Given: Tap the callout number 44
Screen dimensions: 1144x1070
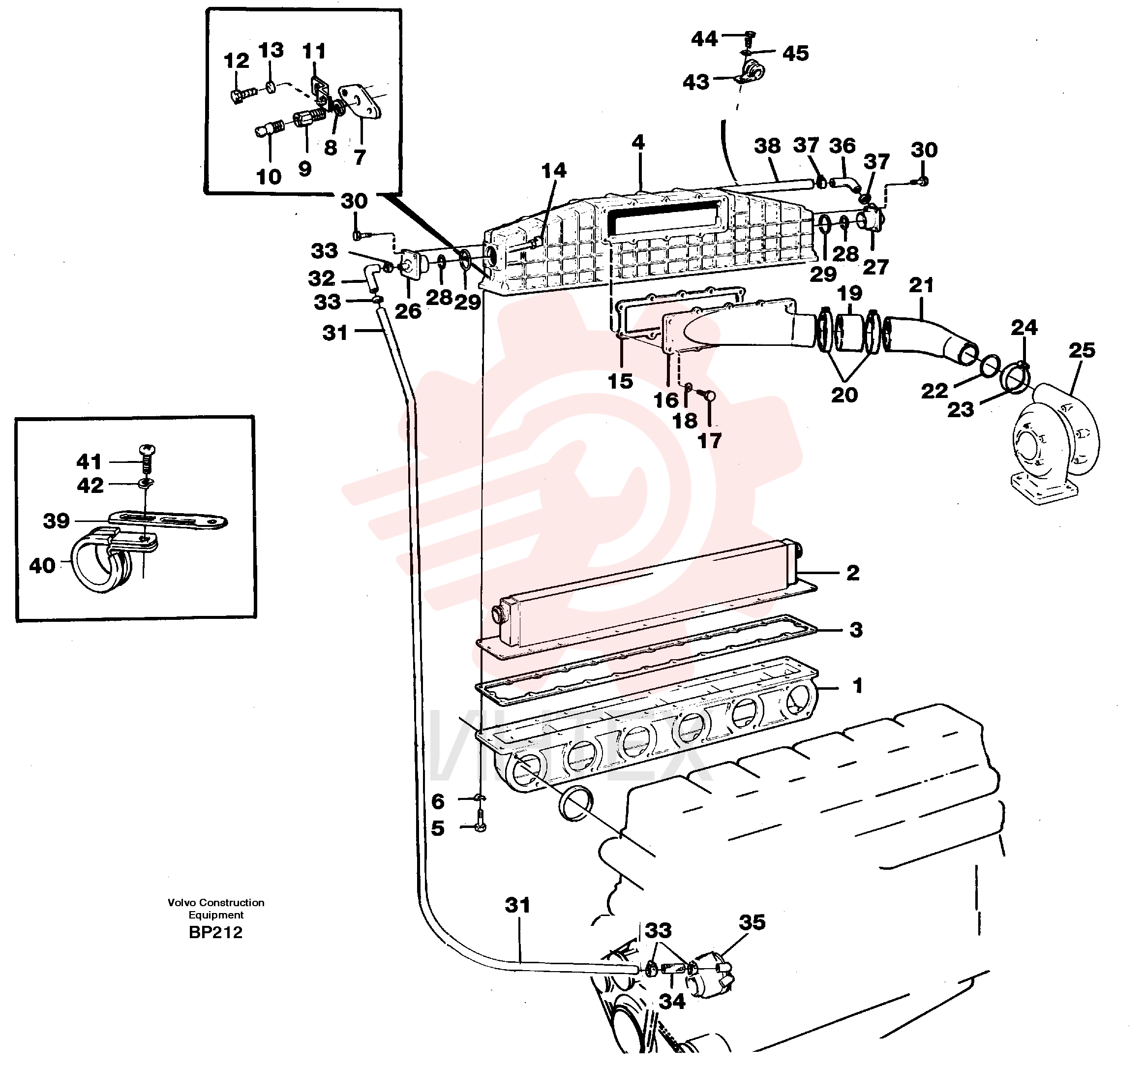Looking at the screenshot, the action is [704, 39].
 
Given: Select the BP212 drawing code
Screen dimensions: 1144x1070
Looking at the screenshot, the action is [216, 932].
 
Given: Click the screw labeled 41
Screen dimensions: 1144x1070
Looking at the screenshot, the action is [149, 459].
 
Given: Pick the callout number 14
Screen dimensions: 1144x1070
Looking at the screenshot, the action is [554, 170].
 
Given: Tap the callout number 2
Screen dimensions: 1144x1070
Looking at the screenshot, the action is [853, 573].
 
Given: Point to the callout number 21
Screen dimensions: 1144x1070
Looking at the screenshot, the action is [921, 285].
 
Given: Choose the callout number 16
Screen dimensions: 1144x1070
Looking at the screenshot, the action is [666, 399].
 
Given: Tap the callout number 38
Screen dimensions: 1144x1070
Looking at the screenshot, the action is [767, 146].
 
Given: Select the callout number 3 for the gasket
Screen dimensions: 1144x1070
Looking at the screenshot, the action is [856, 630].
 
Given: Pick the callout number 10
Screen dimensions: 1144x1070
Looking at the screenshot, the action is [269, 177].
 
